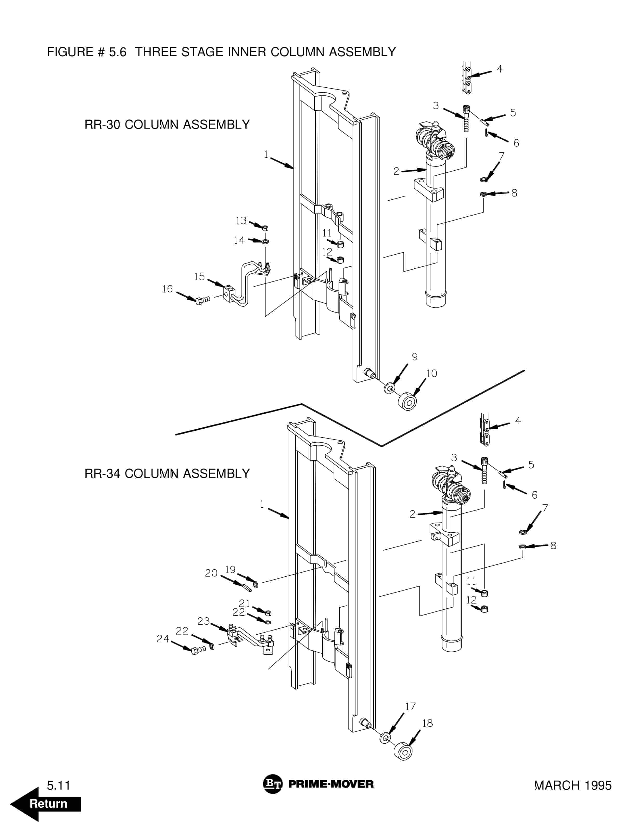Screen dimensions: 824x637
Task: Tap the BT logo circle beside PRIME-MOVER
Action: click(x=272, y=784)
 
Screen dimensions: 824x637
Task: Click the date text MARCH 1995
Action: click(x=573, y=785)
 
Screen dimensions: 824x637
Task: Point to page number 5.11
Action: click(x=59, y=785)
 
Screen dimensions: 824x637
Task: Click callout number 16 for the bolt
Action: click(x=167, y=289)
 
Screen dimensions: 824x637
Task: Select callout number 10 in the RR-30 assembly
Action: click(x=431, y=373)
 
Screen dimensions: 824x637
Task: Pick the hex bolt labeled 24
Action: click(x=195, y=651)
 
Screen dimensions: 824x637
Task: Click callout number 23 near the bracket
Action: click(x=203, y=621)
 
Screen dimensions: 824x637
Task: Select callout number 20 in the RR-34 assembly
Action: click(x=211, y=573)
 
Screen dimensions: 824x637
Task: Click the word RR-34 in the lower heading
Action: click(x=102, y=473)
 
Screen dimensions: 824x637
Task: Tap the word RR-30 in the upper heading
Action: click(x=102, y=125)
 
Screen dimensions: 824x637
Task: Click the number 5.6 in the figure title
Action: click(x=118, y=52)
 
